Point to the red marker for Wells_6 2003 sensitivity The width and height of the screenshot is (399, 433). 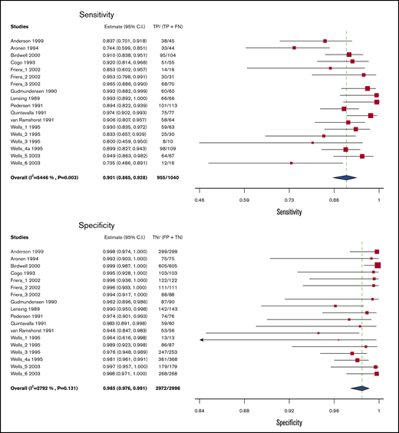click(x=291, y=163)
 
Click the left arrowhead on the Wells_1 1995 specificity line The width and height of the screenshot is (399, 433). click(x=201, y=339)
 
